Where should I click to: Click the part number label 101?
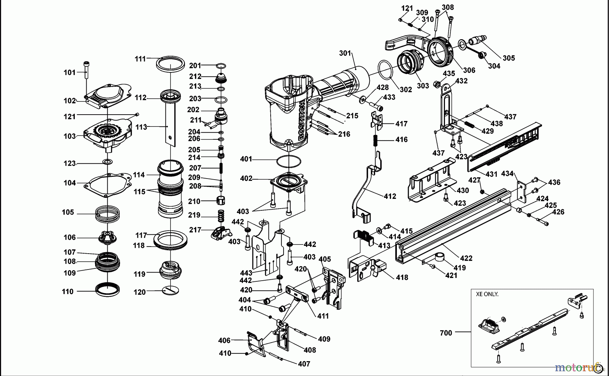click(x=70, y=72)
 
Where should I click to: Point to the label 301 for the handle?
click(x=345, y=53)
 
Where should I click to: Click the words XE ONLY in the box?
click(x=487, y=294)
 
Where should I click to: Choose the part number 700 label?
click(x=446, y=333)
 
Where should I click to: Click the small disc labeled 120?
click(x=171, y=290)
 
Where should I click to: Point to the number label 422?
click(x=466, y=258)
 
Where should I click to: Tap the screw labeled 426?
click(x=542, y=222)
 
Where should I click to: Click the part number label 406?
click(x=224, y=340)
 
